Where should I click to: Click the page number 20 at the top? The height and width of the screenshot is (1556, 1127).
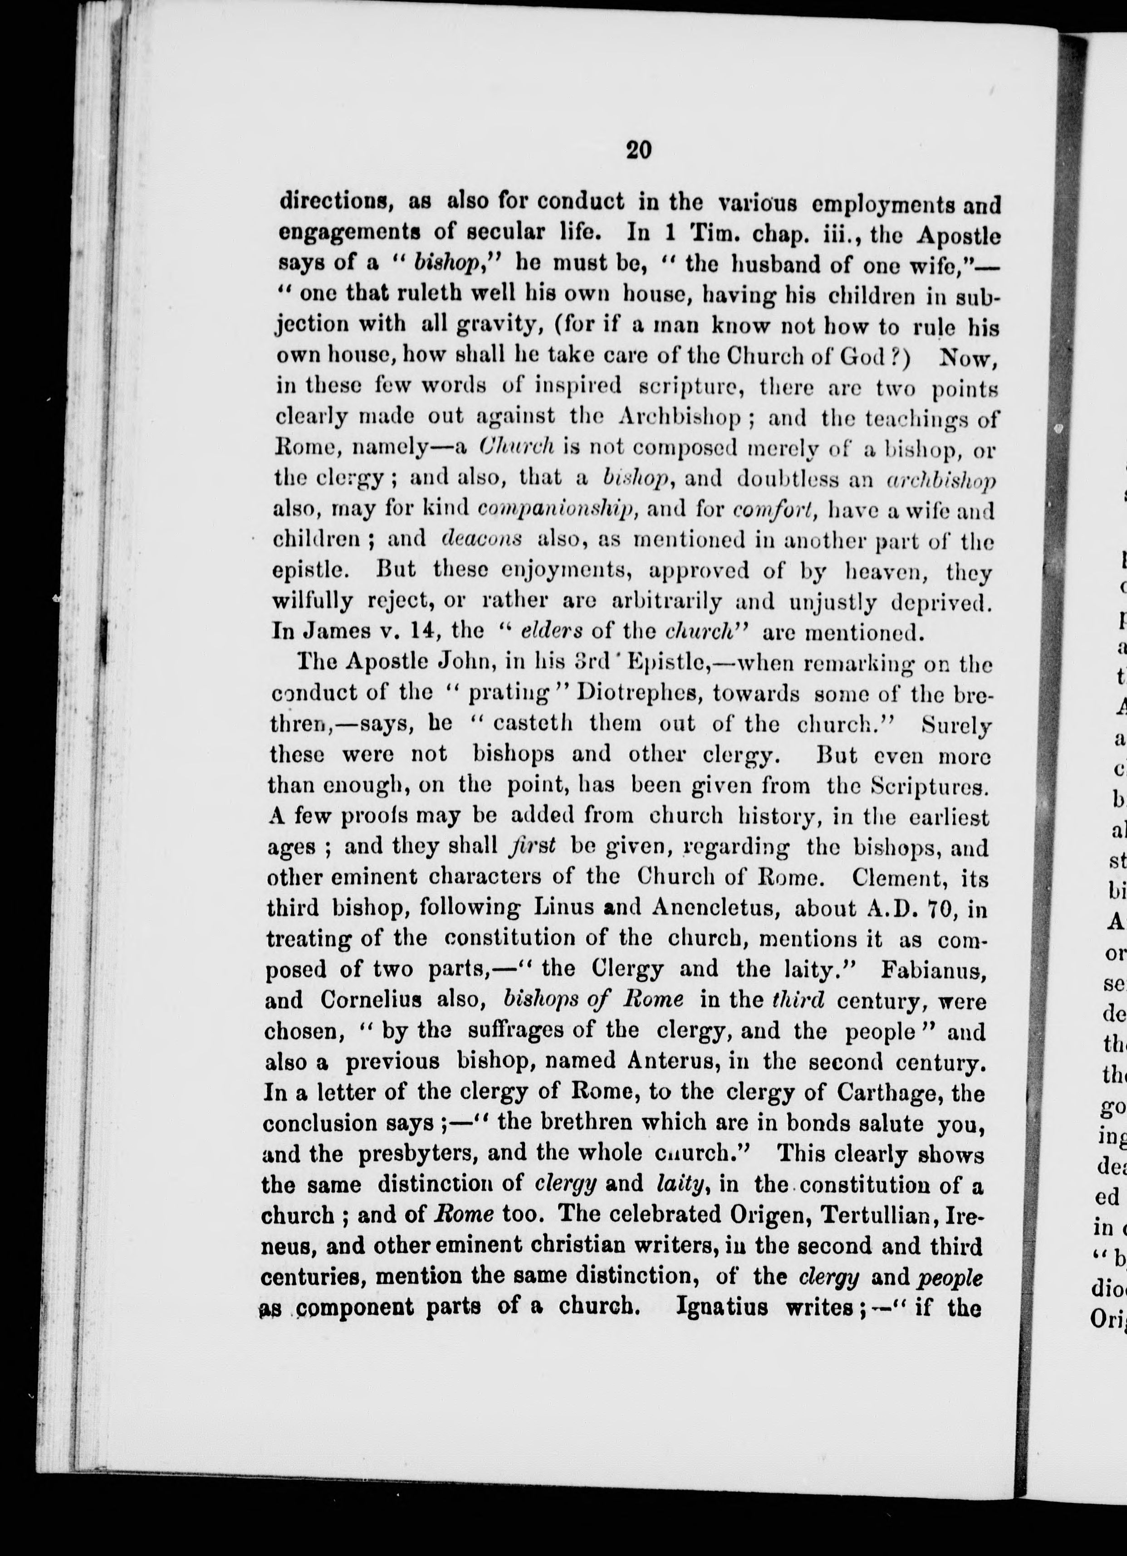[x=638, y=150]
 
